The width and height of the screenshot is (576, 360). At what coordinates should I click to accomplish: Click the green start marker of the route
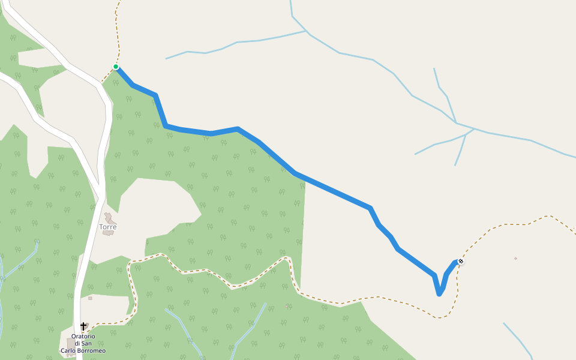coord(116,67)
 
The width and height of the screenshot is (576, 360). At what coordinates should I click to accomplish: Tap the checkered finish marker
coord(460,261)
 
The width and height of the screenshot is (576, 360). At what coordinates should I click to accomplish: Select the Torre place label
coord(108,227)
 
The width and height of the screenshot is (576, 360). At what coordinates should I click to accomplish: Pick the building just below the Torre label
coord(108,233)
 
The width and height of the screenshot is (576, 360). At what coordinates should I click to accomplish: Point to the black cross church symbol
coord(83,326)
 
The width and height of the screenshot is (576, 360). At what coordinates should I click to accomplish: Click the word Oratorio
coord(83,337)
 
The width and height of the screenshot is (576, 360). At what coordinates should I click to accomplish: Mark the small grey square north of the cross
coord(90,298)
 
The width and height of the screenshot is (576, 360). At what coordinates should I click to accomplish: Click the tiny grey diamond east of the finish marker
coord(515,259)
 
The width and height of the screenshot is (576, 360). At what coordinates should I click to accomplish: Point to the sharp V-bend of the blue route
coord(439,293)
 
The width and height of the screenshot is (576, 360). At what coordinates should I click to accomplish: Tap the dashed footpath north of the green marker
coord(119,36)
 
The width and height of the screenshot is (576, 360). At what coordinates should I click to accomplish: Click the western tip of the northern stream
coord(167,59)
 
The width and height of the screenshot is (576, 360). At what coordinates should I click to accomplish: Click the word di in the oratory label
coord(77,343)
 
